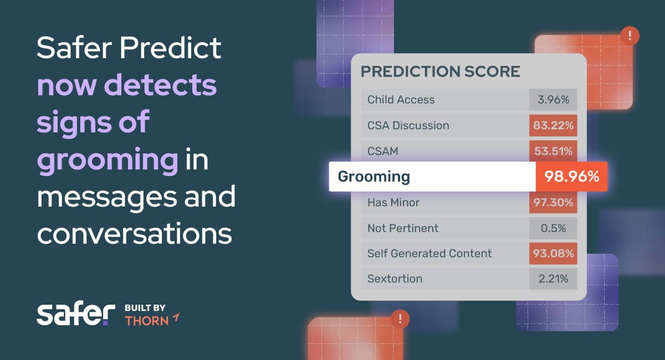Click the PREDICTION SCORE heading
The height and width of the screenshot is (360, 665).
[x=440, y=71]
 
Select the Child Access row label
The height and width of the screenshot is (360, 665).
[x=401, y=100]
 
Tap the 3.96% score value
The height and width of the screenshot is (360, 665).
[x=553, y=100]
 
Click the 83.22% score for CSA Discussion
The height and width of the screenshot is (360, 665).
[x=553, y=126]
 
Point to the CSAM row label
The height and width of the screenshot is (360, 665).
[x=383, y=151]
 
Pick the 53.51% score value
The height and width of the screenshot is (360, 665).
[x=553, y=151]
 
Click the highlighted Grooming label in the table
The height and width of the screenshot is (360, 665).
[x=374, y=177]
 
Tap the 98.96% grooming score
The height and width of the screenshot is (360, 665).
[x=571, y=176]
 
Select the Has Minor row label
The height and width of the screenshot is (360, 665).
[x=393, y=202]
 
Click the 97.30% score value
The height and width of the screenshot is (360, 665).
[x=553, y=202]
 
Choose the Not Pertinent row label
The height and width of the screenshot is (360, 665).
[x=403, y=228]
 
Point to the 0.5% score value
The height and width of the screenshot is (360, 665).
[x=553, y=228]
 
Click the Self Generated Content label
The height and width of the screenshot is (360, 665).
[x=429, y=254]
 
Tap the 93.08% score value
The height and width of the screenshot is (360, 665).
[x=553, y=254]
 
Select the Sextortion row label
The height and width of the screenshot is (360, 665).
[x=395, y=279]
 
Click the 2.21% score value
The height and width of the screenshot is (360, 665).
[x=553, y=279]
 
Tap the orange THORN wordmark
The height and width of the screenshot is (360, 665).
[x=147, y=321]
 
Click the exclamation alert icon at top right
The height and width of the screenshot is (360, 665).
[x=630, y=36]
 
